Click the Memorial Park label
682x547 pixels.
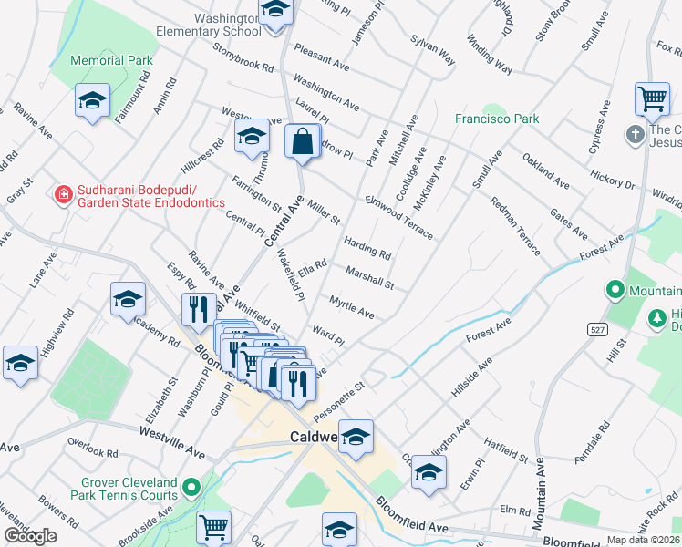114,60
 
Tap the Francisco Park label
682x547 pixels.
497,119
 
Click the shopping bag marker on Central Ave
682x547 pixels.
302,142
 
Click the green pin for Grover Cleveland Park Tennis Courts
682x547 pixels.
191,488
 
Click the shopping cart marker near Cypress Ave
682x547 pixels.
652,99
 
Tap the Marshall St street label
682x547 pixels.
369,277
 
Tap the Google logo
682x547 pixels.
30,536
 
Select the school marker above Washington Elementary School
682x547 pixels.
274,10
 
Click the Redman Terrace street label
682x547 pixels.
514,226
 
